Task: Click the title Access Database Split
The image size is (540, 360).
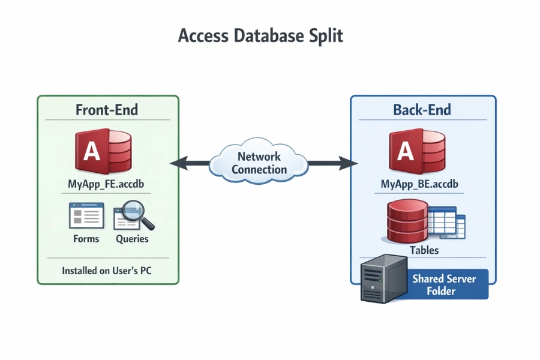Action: click(x=260, y=35)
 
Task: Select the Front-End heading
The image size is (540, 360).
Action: click(x=107, y=110)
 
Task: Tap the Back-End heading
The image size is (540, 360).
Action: click(x=422, y=110)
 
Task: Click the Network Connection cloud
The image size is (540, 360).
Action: click(x=259, y=163)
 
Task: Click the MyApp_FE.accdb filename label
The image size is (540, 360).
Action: click(x=107, y=184)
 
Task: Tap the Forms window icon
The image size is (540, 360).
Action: click(x=86, y=215)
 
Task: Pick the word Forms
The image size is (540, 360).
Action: click(x=86, y=239)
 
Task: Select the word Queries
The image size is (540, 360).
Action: click(x=132, y=239)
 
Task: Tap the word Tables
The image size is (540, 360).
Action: click(x=424, y=250)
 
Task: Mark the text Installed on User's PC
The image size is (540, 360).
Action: click(x=107, y=271)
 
